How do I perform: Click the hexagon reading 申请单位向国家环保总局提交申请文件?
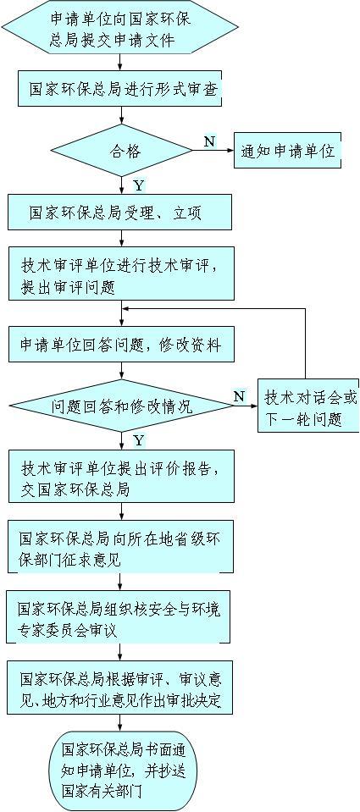(x=120, y=27)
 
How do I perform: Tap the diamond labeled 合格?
(x=121, y=151)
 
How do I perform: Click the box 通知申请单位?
(x=287, y=151)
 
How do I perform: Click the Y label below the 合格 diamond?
(x=139, y=185)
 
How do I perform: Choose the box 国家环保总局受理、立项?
(x=119, y=213)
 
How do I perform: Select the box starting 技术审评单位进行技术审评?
(x=121, y=274)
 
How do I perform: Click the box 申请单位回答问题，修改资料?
(x=121, y=344)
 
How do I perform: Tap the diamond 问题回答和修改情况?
(x=121, y=406)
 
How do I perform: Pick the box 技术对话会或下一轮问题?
(x=308, y=406)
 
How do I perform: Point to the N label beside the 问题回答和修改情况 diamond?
(x=238, y=396)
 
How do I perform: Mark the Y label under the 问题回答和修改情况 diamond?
(x=139, y=440)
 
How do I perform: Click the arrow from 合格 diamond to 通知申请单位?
(x=213, y=151)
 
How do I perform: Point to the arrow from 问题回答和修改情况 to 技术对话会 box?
(x=246, y=406)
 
